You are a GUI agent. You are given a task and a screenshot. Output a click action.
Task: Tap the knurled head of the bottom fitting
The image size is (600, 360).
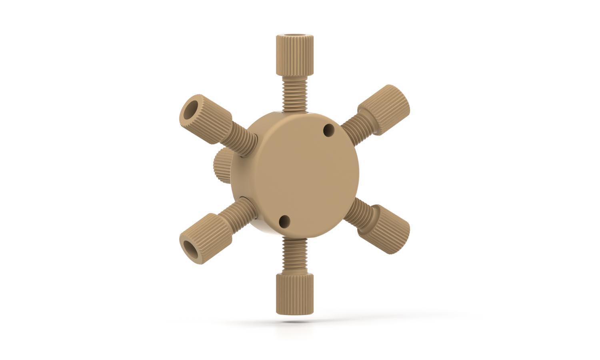click(294, 294)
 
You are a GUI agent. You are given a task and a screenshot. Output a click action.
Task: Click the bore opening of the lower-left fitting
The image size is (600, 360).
click(190, 249)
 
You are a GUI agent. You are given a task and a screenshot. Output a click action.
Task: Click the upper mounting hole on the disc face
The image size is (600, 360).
click(329, 129)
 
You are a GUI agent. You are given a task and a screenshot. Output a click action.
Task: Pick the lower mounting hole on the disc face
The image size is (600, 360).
click(284, 220)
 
